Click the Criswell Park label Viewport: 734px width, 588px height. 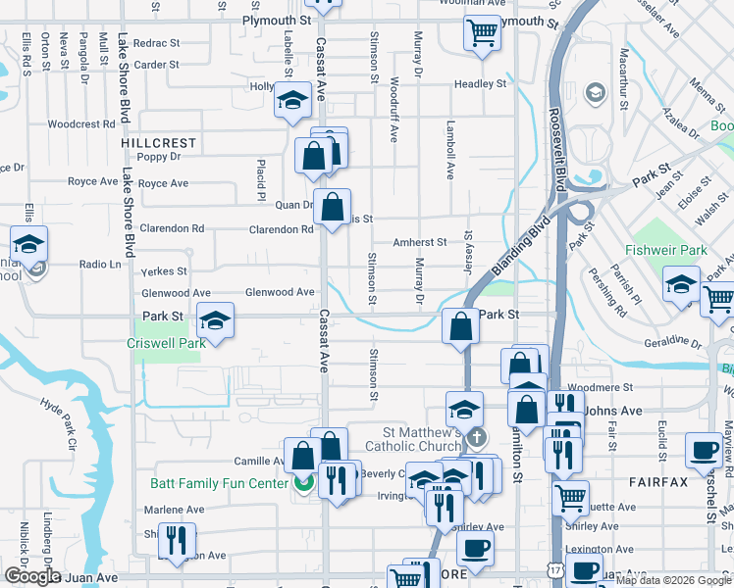click(166, 344)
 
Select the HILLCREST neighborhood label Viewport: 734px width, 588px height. click(159, 143)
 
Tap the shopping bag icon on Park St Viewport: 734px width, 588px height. click(460, 327)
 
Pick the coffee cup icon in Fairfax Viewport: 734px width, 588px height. click(703, 450)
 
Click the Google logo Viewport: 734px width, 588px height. click(32, 576)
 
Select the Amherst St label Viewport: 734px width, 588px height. click(419, 242)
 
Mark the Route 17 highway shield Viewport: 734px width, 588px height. click(554, 569)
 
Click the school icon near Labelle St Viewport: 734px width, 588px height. click(291, 101)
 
